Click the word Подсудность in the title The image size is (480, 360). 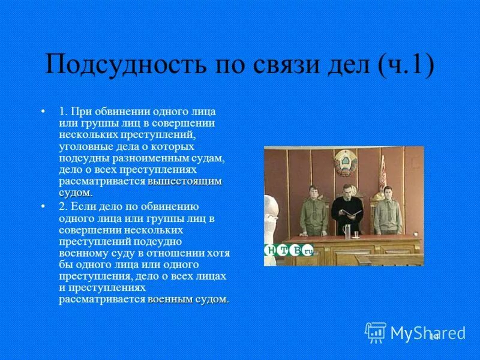[121, 65]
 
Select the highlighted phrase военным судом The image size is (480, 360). [188, 299]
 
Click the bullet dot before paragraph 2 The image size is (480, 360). [43, 206]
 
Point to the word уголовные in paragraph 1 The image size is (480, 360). [83, 146]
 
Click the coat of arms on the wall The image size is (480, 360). [345, 163]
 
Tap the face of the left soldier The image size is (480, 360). [312, 192]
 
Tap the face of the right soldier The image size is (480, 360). [387, 193]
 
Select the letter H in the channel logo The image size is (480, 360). [271, 251]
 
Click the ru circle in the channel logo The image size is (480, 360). [308, 251]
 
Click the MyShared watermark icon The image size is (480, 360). [376, 332]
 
